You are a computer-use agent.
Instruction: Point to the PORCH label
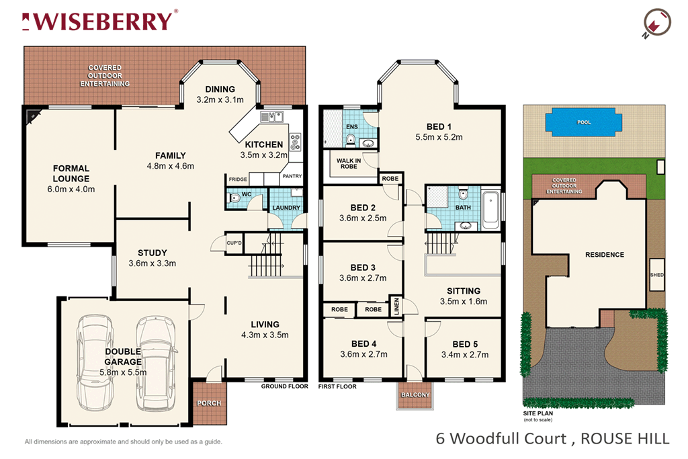[208, 403]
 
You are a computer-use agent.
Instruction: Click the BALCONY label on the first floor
[415, 395]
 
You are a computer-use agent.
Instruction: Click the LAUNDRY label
[286, 208]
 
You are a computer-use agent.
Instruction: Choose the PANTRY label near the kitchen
[292, 176]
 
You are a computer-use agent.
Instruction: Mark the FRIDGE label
[238, 179]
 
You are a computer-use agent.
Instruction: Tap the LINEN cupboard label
[398, 306]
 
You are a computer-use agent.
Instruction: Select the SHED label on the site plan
[656, 275]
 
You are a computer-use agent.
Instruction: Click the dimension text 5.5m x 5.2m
[439, 137]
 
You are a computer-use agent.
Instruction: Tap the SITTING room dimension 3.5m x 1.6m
[463, 301]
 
